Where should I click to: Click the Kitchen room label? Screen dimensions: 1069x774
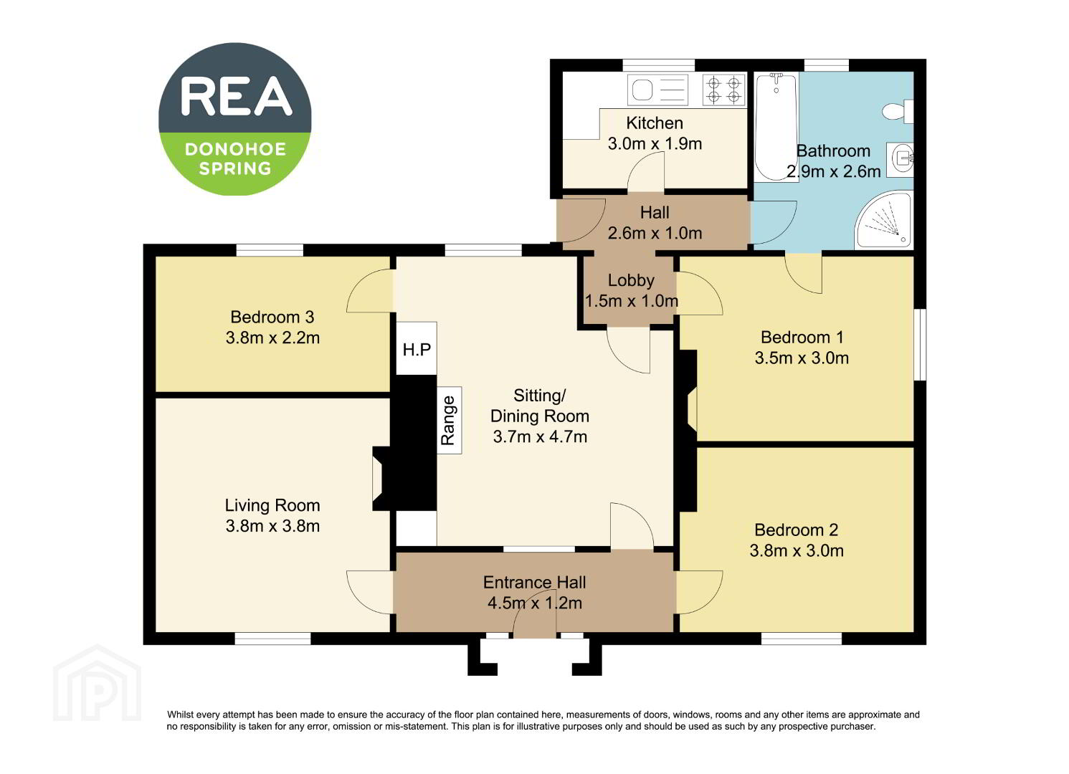click(655, 123)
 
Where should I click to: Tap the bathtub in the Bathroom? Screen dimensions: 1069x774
click(776, 127)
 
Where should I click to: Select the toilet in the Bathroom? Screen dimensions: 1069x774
click(898, 112)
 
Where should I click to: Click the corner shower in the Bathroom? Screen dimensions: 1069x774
click(883, 220)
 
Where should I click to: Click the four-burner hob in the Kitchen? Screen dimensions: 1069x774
click(724, 90)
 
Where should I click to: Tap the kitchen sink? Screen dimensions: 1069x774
click(657, 90)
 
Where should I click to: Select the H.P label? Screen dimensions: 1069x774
click(417, 350)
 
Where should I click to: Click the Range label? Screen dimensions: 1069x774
click(447, 420)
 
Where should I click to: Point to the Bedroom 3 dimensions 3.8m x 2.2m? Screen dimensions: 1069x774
click(272, 338)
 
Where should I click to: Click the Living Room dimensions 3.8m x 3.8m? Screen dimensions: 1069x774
click(272, 525)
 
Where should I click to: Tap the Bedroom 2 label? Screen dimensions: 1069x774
click(796, 530)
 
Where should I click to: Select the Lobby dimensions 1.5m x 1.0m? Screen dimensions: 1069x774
click(632, 301)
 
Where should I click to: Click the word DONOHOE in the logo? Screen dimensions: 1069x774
click(235, 149)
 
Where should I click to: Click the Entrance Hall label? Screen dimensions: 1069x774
click(535, 582)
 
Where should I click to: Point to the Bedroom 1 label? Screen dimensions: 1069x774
click(802, 337)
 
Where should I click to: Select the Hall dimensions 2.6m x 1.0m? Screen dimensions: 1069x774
click(655, 233)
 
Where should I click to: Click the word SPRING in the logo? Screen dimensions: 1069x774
click(234, 169)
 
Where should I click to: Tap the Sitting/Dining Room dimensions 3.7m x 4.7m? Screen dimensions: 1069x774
click(540, 436)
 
